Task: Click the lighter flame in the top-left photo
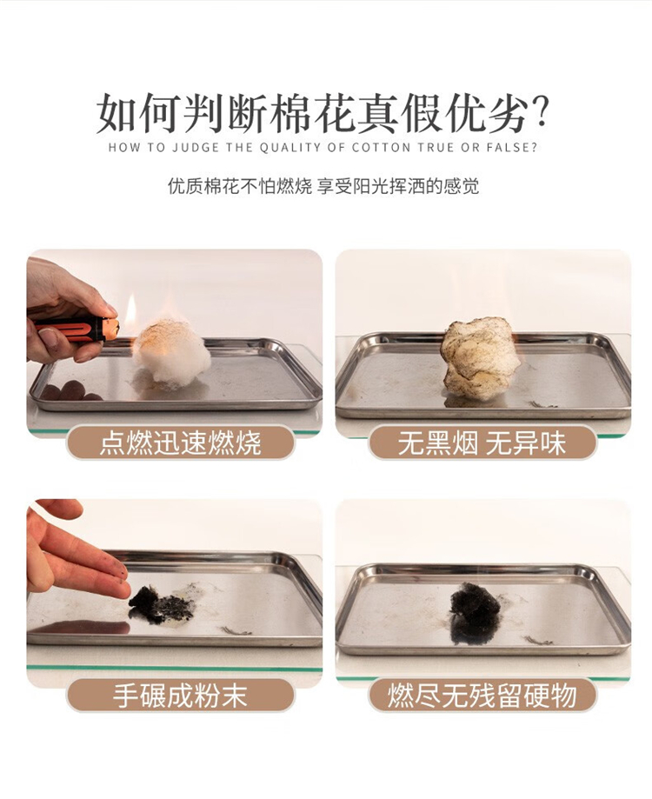131,309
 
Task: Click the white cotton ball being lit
171,352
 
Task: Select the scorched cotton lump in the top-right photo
481,357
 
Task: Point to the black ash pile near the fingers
159,605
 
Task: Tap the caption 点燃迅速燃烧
180,442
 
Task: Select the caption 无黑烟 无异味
482,442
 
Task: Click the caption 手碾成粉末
180,695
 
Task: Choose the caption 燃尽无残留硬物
482,695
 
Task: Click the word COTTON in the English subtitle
381,148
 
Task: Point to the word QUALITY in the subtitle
289,148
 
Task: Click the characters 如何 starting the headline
139,113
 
